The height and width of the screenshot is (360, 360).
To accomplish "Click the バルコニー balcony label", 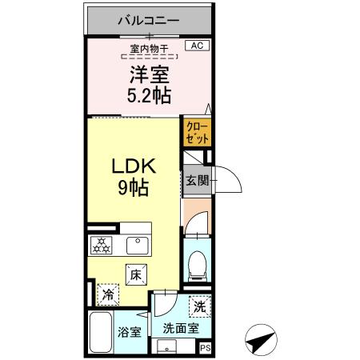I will pos(148,18).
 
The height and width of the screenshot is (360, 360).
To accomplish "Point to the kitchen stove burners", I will pos(101,245).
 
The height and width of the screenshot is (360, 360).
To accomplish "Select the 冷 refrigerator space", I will pos(108,294).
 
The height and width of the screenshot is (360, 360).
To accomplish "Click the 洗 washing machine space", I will pos(200,306).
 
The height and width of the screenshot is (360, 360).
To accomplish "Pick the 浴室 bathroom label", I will pos(130,331).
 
